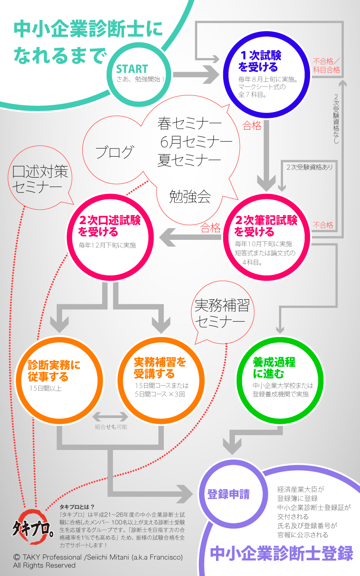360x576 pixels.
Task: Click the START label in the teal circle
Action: click(x=132, y=69)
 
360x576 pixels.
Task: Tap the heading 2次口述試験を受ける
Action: click(x=109, y=226)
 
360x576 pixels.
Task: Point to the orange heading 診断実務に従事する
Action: click(x=54, y=370)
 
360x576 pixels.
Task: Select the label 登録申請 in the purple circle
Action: click(x=228, y=494)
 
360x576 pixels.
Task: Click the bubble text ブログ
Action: click(x=114, y=152)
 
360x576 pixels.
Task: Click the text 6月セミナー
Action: click(x=196, y=142)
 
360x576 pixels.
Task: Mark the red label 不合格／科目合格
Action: click(x=326, y=66)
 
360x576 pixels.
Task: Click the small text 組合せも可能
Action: click(x=111, y=427)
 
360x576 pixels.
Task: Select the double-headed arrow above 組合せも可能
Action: click(x=110, y=416)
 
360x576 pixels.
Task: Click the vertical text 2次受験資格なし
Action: click(x=337, y=119)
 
